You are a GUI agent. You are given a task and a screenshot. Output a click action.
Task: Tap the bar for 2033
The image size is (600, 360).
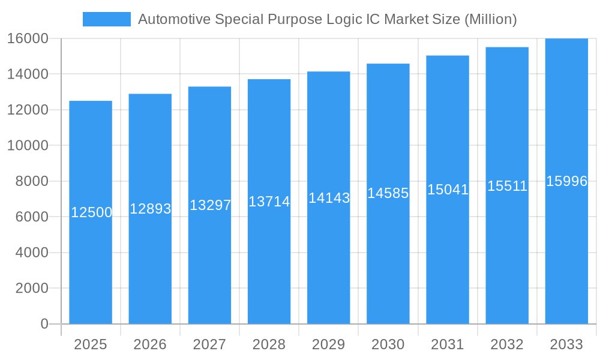[x=566, y=252]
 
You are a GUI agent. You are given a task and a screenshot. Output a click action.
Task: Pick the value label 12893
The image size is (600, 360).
[x=151, y=209]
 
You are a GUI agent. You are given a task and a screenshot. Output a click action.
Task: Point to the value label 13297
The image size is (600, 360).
[x=210, y=205]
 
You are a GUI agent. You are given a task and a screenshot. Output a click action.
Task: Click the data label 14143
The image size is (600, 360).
[x=329, y=198]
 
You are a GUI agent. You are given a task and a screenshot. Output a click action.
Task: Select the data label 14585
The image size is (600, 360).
[x=388, y=193]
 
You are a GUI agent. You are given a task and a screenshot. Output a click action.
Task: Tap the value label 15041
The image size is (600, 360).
[x=448, y=190]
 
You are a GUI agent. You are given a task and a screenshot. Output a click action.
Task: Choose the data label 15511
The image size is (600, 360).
[x=507, y=186]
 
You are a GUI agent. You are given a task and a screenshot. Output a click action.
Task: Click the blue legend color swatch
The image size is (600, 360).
[x=106, y=19]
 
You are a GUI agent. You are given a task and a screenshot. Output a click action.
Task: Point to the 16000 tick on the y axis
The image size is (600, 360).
[x=28, y=38]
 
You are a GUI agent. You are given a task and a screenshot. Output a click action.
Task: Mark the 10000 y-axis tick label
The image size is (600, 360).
[x=28, y=146]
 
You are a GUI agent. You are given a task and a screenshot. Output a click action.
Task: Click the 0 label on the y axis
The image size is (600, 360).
[x=44, y=324]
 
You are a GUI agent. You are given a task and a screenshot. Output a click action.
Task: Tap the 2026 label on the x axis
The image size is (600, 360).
[x=150, y=344]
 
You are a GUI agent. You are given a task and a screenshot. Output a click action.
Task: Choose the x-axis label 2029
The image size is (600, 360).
[x=329, y=344]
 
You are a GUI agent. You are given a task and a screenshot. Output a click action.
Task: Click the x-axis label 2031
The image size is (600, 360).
[x=448, y=344]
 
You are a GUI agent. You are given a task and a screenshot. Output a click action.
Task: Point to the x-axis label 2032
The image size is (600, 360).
[x=507, y=344]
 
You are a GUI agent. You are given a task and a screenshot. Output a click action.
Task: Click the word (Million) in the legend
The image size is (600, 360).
[x=491, y=19]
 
